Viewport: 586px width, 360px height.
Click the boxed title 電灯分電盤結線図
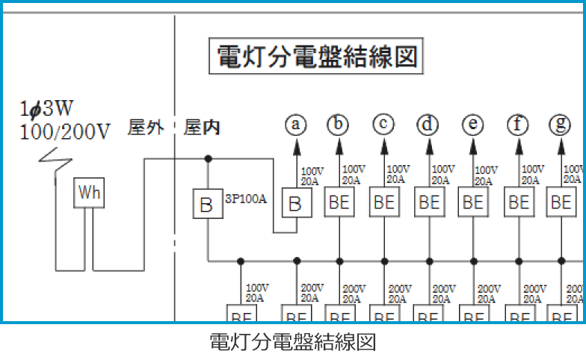tap(315, 56)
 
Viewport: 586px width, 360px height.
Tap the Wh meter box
tap(90, 193)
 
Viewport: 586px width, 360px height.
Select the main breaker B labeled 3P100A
tap(207, 204)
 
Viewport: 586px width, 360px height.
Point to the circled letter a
tap(296, 124)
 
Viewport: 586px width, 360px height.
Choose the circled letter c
tap(383, 124)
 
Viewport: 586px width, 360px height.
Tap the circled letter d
tap(428, 124)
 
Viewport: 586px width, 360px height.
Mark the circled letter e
tap(472, 124)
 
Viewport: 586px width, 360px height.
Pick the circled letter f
tap(517, 124)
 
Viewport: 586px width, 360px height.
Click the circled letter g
tap(560, 124)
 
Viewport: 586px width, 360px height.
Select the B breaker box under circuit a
tap(295, 203)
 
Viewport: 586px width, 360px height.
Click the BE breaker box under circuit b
tap(339, 203)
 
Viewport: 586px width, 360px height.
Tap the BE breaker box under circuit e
tap(472, 203)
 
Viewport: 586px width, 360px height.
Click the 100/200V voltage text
tap(66, 134)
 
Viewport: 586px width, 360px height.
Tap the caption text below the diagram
tap(292, 343)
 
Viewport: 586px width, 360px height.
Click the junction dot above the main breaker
tap(208, 158)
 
